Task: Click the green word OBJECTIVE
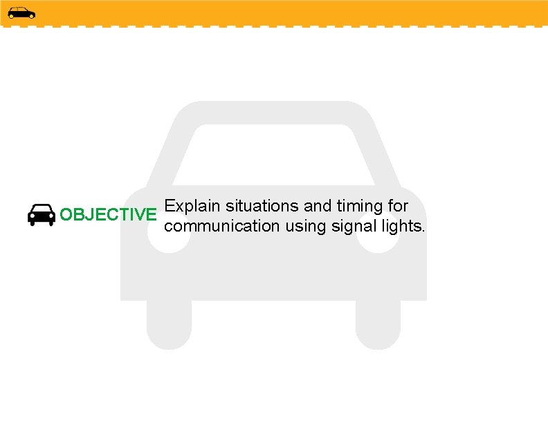click(x=108, y=215)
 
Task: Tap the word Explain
click(x=193, y=206)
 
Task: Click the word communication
click(x=222, y=226)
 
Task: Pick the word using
click(x=305, y=227)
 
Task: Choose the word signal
click(x=354, y=226)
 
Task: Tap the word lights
click(x=401, y=226)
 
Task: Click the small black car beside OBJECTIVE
click(x=42, y=215)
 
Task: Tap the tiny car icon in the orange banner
click(x=21, y=12)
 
